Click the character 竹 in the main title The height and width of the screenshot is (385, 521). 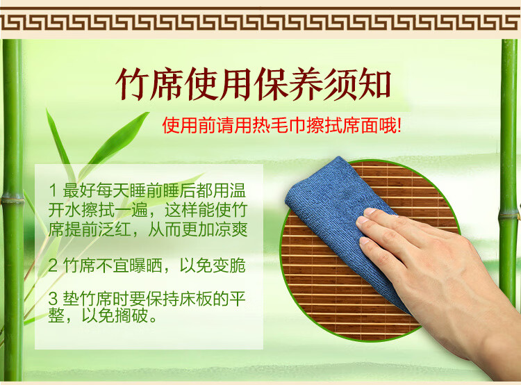(132, 83)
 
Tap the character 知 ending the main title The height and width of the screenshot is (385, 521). (374, 83)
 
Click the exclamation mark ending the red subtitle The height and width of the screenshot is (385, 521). (399, 125)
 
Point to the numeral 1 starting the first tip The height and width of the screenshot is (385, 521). (53, 190)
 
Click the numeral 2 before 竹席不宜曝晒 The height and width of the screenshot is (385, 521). (53, 265)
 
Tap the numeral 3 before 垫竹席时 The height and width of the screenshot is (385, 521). (53, 298)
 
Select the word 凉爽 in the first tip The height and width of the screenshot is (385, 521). (231, 229)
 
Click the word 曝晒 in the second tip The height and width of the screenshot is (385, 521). (146, 265)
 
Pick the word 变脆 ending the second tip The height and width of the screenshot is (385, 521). (229, 265)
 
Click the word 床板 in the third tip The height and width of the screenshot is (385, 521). (196, 298)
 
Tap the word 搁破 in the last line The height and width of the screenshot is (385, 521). (131, 315)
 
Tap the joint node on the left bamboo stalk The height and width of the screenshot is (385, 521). (13, 200)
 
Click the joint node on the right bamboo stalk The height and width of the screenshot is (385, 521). (508, 215)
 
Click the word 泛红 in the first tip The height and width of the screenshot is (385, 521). (115, 229)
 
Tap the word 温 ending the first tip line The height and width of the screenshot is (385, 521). (238, 190)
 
